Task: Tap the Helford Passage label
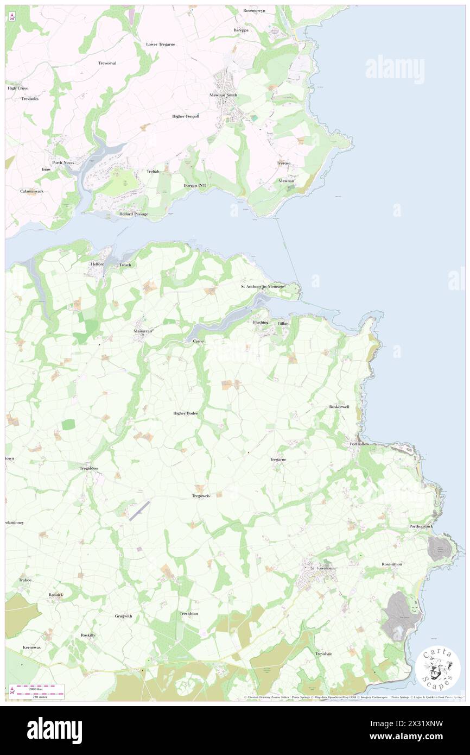point(134,214)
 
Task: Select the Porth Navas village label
point(63,163)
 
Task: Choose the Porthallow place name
point(359,444)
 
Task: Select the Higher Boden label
point(186,413)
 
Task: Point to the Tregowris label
point(201,496)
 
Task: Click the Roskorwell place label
point(339,406)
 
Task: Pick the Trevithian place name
point(189,613)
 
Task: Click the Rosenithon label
point(392,564)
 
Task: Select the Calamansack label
point(32,191)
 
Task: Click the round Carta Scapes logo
point(439,669)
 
